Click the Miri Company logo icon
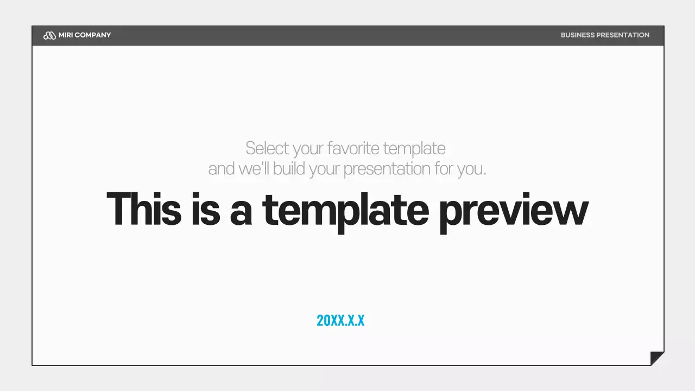point(49,35)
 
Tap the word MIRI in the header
point(66,35)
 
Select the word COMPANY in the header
point(93,35)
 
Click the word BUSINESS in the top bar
point(577,35)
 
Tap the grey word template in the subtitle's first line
point(414,148)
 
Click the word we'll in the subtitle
point(254,169)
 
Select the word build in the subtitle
point(289,169)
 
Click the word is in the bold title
point(206,209)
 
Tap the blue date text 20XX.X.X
point(340,320)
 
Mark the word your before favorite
point(310,149)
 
